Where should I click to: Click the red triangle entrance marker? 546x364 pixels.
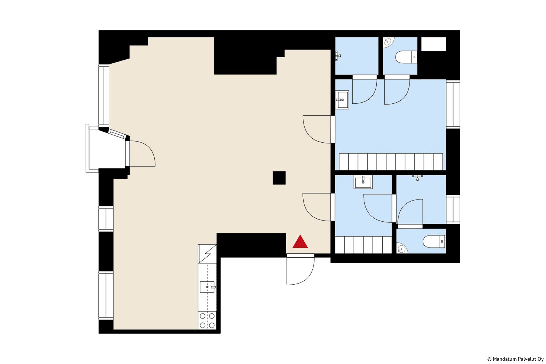tap(300, 242)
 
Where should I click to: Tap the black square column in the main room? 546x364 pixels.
tap(279, 178)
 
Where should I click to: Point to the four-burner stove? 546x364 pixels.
tap(207, 320)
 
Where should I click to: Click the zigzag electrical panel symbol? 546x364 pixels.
tap(207, 254)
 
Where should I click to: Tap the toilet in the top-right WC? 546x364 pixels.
tap(406, 57)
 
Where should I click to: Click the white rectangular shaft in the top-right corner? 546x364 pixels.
tap(434, 44)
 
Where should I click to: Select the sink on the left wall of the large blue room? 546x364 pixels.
tap(342, 100)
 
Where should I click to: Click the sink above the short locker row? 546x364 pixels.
tap(363, 182)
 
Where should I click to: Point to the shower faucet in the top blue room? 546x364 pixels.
tap(338, 56)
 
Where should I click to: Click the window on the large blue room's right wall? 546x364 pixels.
tap(453, 104)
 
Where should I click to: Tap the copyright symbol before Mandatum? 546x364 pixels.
tap(489, 359)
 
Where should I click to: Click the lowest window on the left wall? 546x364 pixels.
tap(106, 296)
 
